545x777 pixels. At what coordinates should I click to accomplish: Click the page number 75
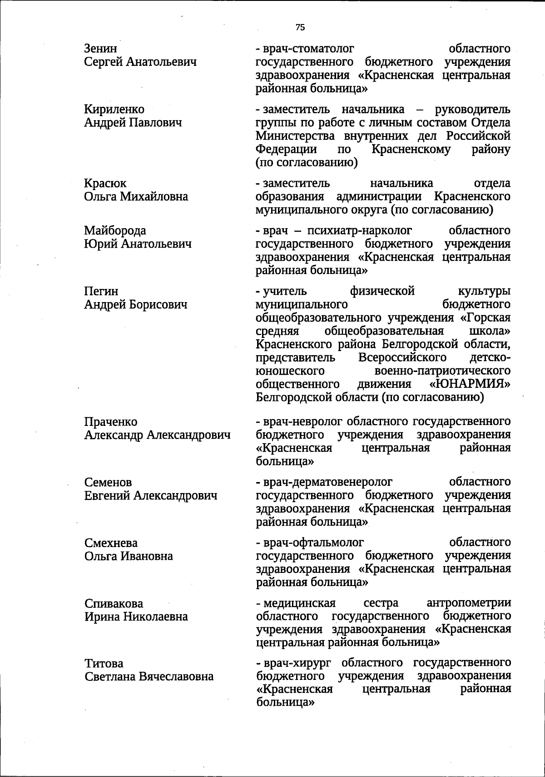(x=300, y=27)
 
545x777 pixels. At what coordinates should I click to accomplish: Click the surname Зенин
(x=100, y=49)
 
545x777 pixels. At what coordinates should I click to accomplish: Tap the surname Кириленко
(x=114, y=109)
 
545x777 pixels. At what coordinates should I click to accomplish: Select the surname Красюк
(x=105, y=183)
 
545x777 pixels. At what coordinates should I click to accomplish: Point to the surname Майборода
(x=115, y=231)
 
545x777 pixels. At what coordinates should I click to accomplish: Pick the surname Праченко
(x=110, y=422)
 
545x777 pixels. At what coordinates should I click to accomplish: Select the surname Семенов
(x=108, y=482)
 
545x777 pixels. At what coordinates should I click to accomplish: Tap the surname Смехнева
(x=111, y=543)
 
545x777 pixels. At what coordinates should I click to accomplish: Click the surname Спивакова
(x=114, y=604)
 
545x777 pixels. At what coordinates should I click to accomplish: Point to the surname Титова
(x=104, y=664)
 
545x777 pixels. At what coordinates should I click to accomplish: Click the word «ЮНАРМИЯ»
(x=470, y=384)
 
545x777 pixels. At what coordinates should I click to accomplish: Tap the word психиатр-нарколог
(x=359, y=231)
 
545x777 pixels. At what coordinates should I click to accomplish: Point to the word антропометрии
(x=469, y=603)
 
